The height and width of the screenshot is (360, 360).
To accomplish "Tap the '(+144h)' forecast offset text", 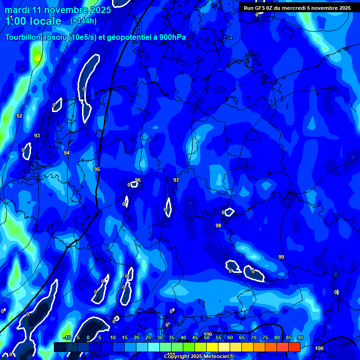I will [x=83, y=21].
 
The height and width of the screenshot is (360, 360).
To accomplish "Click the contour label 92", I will [x=19, y=116].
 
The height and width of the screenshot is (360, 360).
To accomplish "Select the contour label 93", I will [x=37, y=135].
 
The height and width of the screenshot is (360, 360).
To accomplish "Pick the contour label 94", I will [x=67, y=153].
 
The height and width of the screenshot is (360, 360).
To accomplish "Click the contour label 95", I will [x=97, y=169].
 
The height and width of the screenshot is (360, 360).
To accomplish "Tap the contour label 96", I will [x=138, y=180].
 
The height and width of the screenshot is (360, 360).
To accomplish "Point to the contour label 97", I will [x=176, y=180].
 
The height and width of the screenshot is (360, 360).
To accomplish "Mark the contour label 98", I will [x=218, y=225].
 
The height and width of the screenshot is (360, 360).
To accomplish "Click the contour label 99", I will [x=281, y=257].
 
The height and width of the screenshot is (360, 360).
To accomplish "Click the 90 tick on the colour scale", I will [x=300, y=337].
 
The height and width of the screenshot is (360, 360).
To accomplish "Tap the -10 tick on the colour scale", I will [x=67, y=337].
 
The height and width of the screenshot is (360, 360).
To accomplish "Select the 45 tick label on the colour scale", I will [x=195, y=337].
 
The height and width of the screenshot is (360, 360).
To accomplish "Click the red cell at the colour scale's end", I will [x=294, y=347].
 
